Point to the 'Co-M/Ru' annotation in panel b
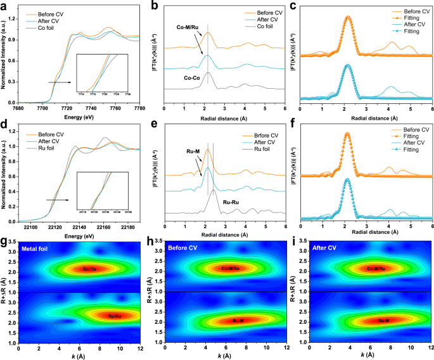coord(189,27)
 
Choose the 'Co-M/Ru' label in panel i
coord(380,269)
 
